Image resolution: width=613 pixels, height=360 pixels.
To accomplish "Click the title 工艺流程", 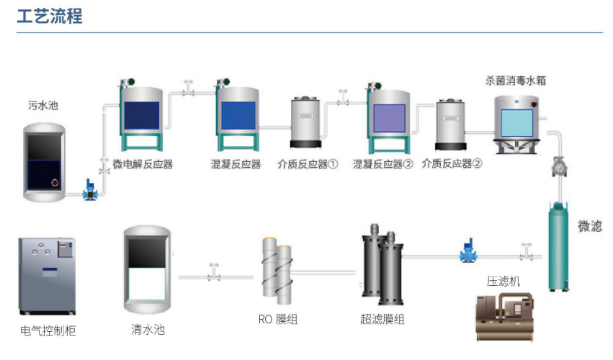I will point(50,16).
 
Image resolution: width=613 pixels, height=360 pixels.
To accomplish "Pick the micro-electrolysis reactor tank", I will point(140,117).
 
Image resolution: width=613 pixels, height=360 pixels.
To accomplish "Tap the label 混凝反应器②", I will point(383,163).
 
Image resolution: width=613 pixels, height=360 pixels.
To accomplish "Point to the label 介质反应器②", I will point(452,163).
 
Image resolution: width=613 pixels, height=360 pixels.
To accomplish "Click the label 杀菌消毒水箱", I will point(516,81).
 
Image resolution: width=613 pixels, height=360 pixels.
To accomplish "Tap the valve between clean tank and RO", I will point(213,273).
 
